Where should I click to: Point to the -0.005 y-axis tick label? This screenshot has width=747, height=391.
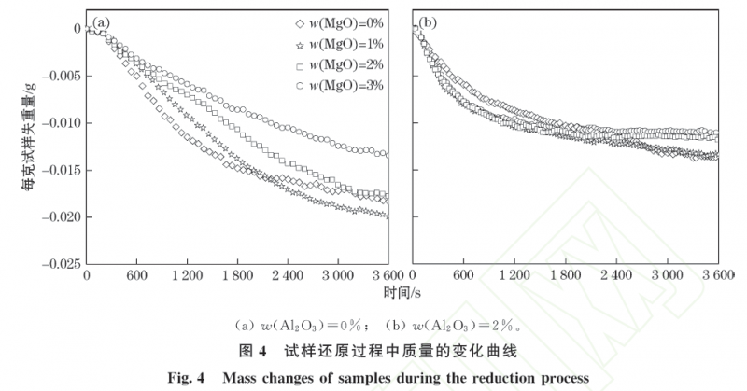[x=59, y=76]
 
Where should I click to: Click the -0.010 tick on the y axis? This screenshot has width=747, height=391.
[x=59, y=123]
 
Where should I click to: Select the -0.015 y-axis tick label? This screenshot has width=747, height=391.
[x=59, y=170]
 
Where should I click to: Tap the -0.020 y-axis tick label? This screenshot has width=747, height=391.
[x=59, y=217]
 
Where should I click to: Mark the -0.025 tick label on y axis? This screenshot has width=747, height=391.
[x=59, y=264]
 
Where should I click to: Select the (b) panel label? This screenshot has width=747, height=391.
[x=430, y=21]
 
